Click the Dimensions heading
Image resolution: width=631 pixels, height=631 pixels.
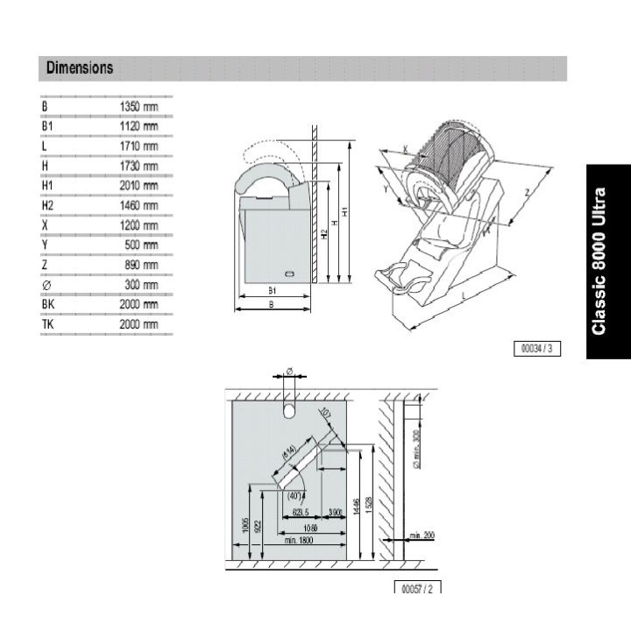pyautogui.click(x=80, y=67)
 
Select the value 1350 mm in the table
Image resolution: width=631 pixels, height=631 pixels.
pyautogui.click(x=138, y=106)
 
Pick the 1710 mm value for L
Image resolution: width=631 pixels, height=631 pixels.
pyautogui.click(x=138, y=145)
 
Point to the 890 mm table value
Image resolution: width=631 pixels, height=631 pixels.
pyautogui.click(x=141, y=265)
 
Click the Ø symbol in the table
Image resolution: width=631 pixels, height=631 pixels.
pyautogui.click(x=45, y=285)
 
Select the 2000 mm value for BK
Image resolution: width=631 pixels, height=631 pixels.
pyautogui.click(x=138, y=304)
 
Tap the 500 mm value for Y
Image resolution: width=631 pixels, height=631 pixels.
pyautogui.click(x=141, y=245)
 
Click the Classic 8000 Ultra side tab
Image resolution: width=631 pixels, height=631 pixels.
pyautogui.click(x=599, y=260)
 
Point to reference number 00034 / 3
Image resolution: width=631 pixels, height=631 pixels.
pyautogui.click(x=537, y=349)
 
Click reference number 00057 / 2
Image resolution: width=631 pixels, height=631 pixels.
pyautogui.click(x=417, y=588)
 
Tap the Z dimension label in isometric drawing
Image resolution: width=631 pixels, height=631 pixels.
pyautogui.click(x=526, y=190)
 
